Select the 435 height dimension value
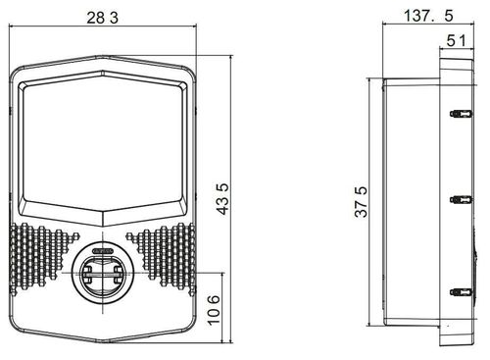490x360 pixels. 223,198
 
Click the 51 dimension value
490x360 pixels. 456,40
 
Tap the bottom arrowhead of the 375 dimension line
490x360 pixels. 370,325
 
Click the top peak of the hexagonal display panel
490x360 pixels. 102,71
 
